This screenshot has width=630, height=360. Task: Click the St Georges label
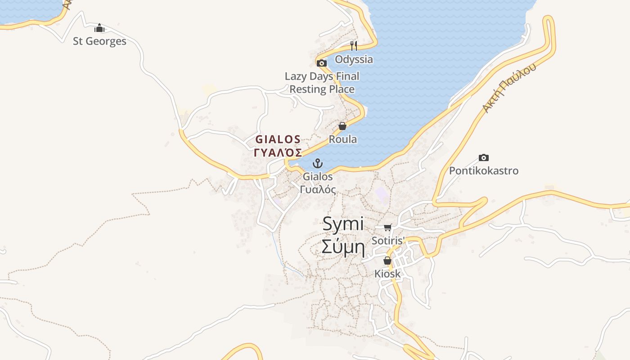[99, 41]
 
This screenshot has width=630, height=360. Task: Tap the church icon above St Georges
[99, 28]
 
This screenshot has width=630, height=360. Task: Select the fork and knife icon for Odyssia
[354, 45]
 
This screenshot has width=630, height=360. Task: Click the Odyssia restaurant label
[354, 59]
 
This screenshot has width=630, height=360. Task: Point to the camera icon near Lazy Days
[321, 63]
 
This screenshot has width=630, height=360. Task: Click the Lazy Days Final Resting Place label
[322, 83]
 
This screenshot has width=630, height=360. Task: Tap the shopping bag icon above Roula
[342, 126]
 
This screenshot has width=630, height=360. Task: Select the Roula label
[343, 139]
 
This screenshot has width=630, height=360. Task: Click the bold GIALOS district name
[278, 139]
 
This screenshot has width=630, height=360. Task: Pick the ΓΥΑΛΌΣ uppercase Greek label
[278, 153]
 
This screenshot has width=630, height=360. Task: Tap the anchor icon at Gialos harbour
[318, 163]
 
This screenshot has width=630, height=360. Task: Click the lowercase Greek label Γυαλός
[318, 189]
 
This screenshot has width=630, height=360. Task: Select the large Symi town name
[343, 224]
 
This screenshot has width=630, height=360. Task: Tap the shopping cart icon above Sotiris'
[388, 227]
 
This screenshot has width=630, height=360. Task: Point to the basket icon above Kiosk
[387, 261]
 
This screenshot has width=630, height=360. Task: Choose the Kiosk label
[387, 274]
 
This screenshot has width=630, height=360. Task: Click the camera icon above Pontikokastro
[484, 157]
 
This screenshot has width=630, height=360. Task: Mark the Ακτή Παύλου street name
[509, 88]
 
